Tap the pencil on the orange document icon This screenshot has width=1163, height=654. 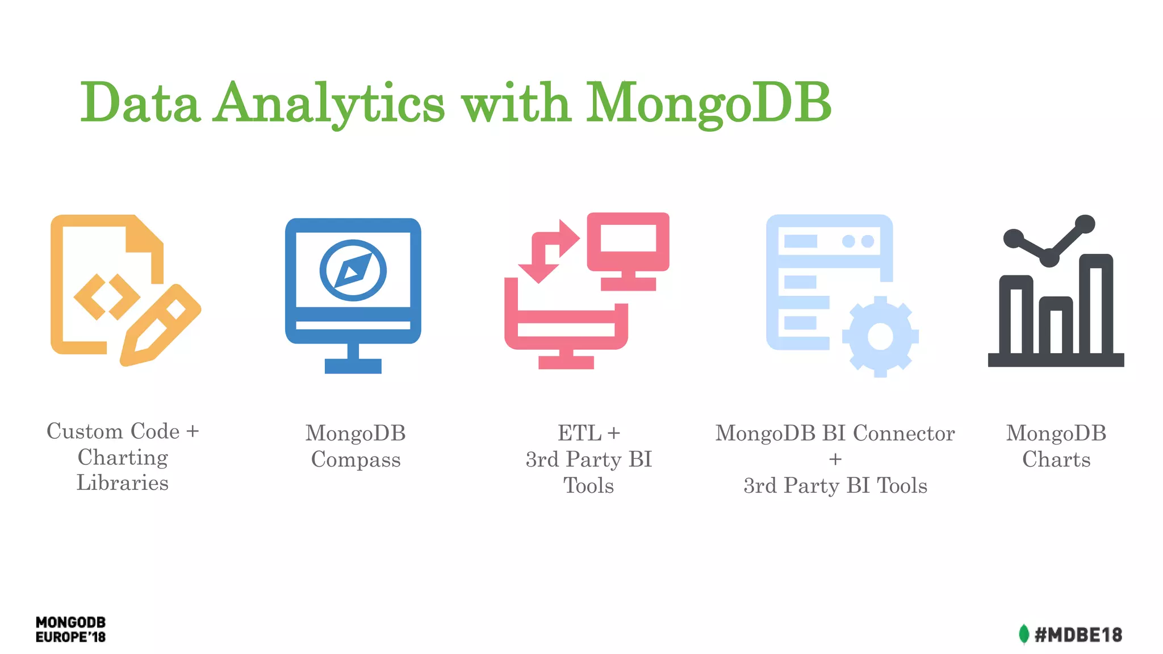pyautogui.click(x=161, y=325)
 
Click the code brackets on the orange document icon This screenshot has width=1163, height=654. pyautogui.click(x=106, y=296)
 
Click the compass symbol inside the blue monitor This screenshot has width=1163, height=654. pyautogui.click(x=353, y=270)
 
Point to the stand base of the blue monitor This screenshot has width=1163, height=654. pyautogui.click(x=353, y=366)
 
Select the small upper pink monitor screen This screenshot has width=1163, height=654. pyautogui.click(x=628, y=238)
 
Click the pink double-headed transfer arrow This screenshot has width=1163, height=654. pyautogui.click(x=549, y=250)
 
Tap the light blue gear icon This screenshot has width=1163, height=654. pyautogui.click(x=880, y=336)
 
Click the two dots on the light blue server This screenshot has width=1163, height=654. pyautogui.click(x=857, y=241)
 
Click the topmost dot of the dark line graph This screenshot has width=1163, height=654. pyautogui.click(x=1085, y=224)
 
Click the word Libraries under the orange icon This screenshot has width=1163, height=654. pyautogui.click(x=123, y=483)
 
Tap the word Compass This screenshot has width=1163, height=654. pyautogui.click(x=355, y=459)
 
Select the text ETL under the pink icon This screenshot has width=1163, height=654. pyautogui.click(x=579, y=433)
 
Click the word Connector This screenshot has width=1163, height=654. pyautogui.click(x=903, y=433)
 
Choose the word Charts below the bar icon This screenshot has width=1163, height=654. pyautogui.click(x=1056, y=459)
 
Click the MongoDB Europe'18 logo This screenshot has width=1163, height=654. pyautogui.click(x=70, y=630)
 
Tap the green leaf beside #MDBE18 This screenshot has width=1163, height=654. pyautogui.click(x=1023, y=634)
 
